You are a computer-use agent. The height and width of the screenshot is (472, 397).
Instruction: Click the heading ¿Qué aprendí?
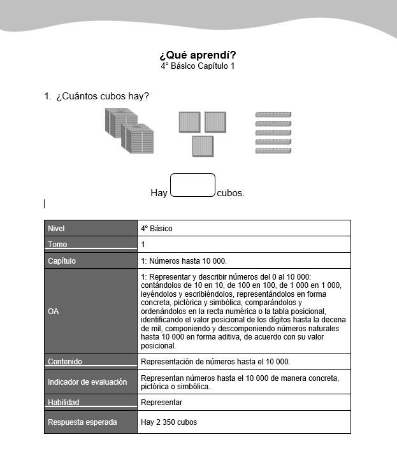(x=198, y=55)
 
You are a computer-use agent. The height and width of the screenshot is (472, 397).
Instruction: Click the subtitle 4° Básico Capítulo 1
(x=198, y=66)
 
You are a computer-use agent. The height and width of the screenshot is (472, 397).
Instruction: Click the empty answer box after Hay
(x=192, y=185)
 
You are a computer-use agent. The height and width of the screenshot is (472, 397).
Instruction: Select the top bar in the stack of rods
(x=273, y=115)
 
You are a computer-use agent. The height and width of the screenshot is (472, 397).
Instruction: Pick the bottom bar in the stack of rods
(x=273, y=151)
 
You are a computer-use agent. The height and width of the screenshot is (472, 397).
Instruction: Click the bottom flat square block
(x=203, y=146)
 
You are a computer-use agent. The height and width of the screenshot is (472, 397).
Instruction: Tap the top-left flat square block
(x=190, y=122)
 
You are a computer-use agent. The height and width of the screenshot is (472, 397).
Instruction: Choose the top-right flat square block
(x=215, y=122)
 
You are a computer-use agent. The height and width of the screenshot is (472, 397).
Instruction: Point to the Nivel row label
(x=56, y=229)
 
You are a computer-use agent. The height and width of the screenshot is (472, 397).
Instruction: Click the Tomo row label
(x=57, y=245)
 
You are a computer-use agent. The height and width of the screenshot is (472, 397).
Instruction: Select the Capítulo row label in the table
(x=62, y=261)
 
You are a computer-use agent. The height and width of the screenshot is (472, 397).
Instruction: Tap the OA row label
(x=54, y=311)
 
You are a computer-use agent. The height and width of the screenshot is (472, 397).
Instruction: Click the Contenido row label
(x=65, y=362)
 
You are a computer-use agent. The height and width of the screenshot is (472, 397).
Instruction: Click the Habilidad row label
(x=64, y=403)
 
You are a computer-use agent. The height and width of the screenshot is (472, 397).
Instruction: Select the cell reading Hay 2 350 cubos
(x=169, y=422)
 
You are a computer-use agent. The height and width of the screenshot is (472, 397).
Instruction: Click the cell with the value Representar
(x=161, y=403)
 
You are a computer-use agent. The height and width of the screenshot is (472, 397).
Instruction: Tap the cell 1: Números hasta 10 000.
(x=184, y=261)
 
